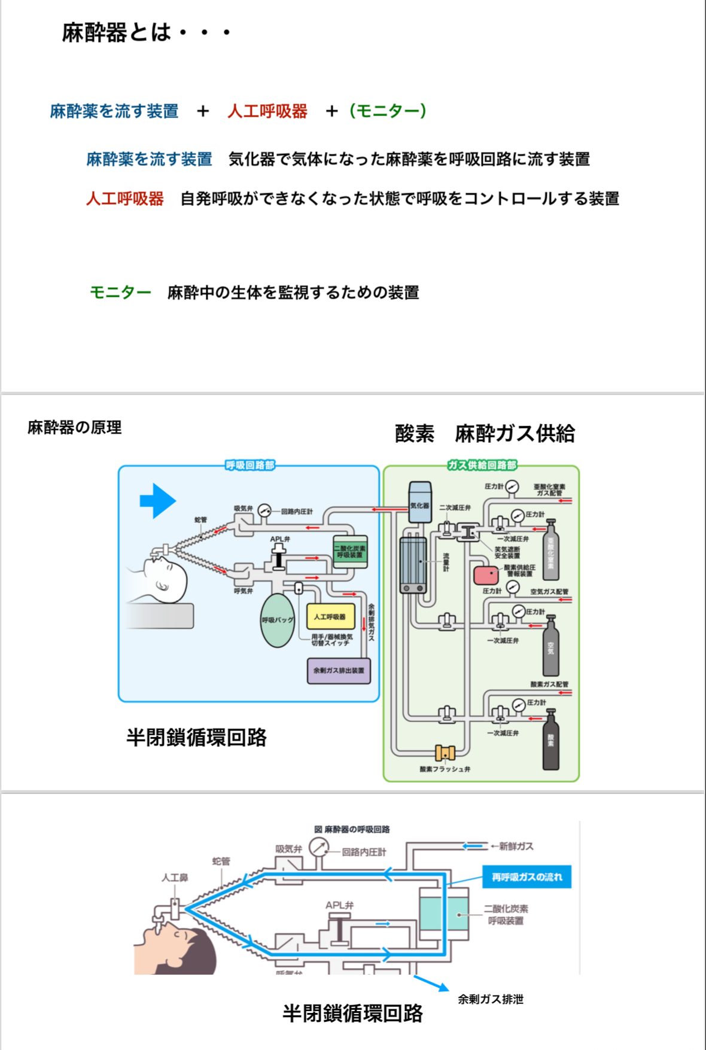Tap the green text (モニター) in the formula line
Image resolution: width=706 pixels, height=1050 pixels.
tap(388, 111)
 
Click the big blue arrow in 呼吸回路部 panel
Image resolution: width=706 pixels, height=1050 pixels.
tap(157, 500)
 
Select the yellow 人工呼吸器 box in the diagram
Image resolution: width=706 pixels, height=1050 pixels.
tap(330, 616)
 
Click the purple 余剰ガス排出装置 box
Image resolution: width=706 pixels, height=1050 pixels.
tap(339, 670)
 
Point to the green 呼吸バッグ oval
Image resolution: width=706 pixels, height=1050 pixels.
tap(277, 620)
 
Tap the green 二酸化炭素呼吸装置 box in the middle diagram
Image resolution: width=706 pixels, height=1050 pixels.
tap(350, 552)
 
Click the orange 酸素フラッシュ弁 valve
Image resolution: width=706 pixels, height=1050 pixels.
tap(445, 752)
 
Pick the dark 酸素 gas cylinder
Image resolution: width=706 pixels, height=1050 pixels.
tap(550, 740)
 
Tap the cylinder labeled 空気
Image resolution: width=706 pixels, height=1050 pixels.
tap(550, 647)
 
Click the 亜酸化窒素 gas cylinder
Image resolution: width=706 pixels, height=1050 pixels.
tap(550, 551)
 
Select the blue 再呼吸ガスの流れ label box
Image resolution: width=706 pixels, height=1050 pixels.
tap(527, 877)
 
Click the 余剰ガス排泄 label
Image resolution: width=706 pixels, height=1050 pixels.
tap(491, 999)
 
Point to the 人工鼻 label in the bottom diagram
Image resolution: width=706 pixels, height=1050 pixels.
tap(175, 878)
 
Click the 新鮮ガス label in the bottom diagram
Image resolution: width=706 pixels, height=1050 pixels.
tap(516, 846)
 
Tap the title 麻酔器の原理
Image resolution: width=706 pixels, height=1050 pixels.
tap(75, 427)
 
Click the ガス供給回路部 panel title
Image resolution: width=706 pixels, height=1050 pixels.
tap(482, 465)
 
